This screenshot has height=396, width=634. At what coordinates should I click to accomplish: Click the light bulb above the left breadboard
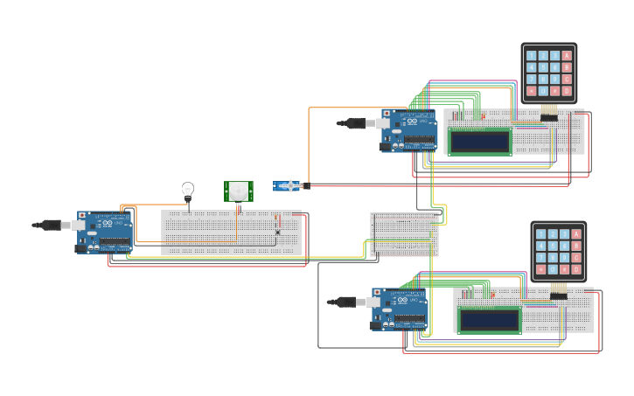pos(187,190)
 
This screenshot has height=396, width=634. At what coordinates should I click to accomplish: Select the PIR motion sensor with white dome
pos(238,190)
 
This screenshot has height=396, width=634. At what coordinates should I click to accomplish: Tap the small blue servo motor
pos(286,186)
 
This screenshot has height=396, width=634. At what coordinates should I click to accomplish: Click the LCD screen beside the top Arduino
pos(480,141)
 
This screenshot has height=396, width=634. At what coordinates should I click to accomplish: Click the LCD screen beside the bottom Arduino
pos(490,320)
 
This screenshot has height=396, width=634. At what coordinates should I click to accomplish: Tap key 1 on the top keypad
pos(531,56)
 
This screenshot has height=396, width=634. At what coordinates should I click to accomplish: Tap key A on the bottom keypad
pos(576,233)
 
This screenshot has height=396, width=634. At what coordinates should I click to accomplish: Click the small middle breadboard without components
pos(403,233)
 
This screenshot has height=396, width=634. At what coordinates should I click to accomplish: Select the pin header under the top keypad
pos(549,116)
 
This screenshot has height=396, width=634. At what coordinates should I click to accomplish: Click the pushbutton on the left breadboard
pos(277,232)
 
